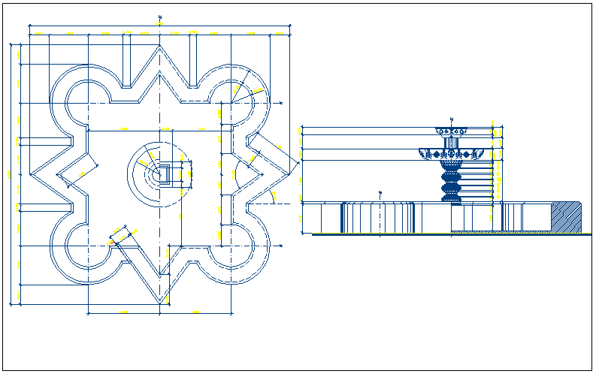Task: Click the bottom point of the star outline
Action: tap(160, 303)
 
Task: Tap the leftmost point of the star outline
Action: tap(32, 174)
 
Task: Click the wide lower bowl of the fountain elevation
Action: tap(451, 155)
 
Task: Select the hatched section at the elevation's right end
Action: tap(566, 217)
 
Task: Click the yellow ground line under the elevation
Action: tap(451, 234)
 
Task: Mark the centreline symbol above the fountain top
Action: tap(452, 119)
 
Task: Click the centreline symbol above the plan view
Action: tap(160, 16)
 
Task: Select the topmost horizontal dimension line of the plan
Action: tap(160, 26)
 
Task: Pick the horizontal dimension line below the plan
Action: tap(160, 312)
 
